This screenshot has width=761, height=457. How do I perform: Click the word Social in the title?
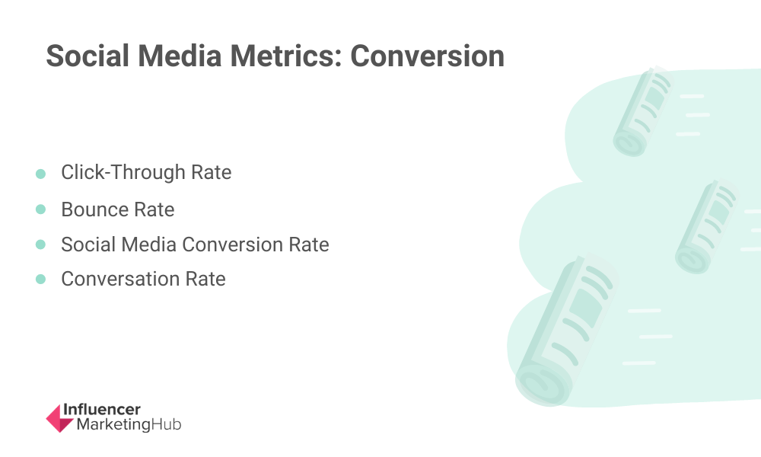coord(88,56)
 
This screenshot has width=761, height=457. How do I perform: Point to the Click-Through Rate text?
coord(146,172)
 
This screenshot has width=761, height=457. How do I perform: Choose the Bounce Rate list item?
coord(118,209)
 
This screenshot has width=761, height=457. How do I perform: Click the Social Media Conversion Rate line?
coord(195,244)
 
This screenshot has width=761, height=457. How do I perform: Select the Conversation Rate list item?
coord(143,279)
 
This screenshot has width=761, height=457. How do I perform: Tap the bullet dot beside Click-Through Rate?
coord(41,174)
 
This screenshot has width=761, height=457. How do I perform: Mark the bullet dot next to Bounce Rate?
coord(41,209)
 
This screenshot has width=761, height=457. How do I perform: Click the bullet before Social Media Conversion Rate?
coord(41,244)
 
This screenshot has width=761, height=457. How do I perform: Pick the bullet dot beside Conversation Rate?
coord(41,280)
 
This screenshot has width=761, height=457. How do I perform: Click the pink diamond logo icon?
coord(59,418)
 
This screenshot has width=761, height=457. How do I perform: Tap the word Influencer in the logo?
coord(102,410)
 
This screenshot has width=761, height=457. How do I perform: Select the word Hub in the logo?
coord(166,424)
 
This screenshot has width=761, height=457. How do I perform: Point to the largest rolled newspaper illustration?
coord(565,331)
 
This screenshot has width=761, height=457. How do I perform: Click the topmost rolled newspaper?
coord(643,112)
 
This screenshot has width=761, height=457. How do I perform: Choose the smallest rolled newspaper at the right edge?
coord(706,227)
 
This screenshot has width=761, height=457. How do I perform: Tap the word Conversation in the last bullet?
coord(120,279)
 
